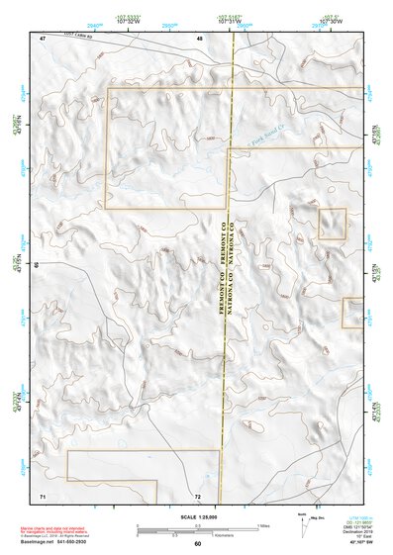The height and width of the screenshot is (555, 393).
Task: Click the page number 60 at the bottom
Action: click(x=197, y=544)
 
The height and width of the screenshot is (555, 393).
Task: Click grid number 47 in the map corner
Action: click(x=43, y=38)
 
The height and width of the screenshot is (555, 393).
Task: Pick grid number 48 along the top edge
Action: click(x=200, y=38)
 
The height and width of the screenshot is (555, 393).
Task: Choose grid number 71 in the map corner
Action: click(x=43, y=494)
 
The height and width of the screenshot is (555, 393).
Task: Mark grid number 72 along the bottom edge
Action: click(x=198, y=495)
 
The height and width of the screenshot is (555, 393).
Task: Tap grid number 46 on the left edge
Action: click(x=37, y=266)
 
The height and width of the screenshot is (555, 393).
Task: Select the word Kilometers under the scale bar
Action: click(x=228, y=533)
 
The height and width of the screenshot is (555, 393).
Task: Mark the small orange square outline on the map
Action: click(x=331, y=224)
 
